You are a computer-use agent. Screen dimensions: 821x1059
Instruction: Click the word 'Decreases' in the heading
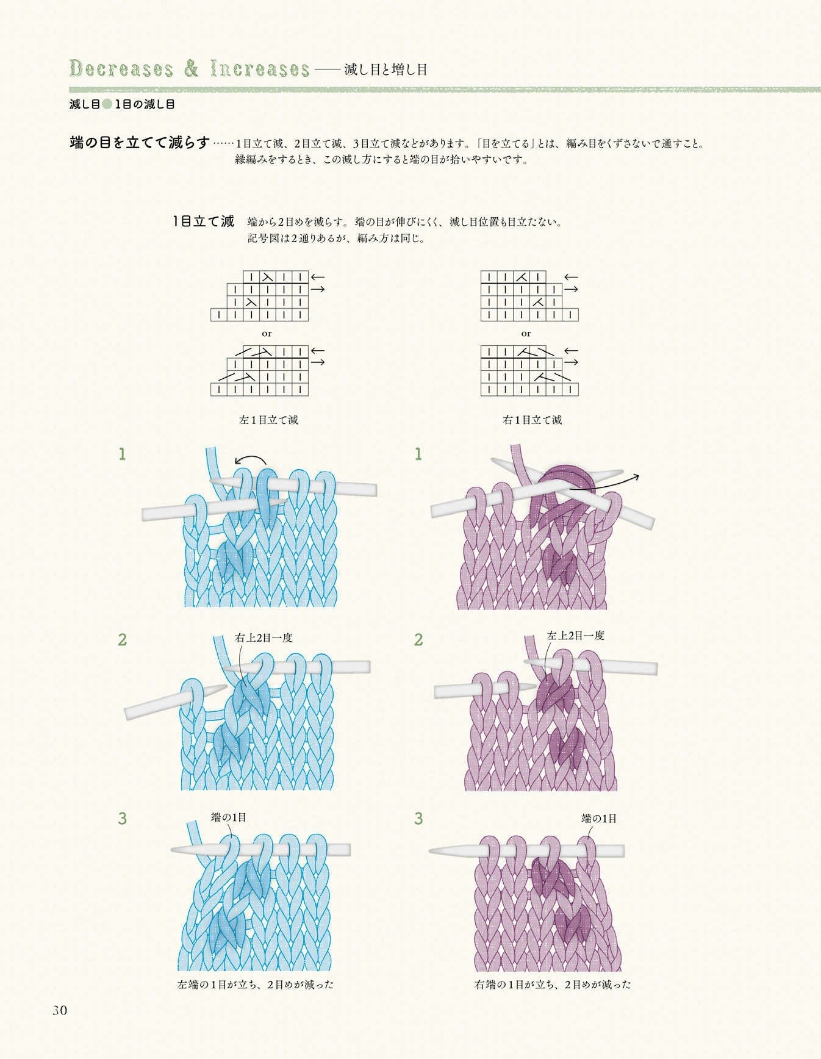click(x=121, y=68)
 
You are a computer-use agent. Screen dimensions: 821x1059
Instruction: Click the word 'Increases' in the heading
click(x=260, y=68)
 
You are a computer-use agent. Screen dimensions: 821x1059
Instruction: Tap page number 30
click(x=59, y=1010)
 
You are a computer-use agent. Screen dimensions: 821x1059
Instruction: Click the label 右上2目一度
click(x=264, y=637)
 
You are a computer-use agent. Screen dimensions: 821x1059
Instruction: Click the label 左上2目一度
click(x=575, y=636)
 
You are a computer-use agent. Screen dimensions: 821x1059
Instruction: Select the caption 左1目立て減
click(x=268, y=420)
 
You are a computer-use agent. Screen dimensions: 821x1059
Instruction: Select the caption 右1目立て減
click(x=532, y=420)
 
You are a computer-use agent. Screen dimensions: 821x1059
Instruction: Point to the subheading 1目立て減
click(x=204, y=221)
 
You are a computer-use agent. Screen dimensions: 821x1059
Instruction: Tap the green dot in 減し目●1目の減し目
click(x=107, y=104)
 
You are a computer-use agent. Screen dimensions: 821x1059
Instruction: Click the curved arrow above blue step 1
click(x=250, y=461)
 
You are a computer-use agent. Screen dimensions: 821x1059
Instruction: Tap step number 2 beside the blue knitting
click(x=123, y=639)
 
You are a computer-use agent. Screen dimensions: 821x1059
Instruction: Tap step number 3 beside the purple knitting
click(x=418, y=818)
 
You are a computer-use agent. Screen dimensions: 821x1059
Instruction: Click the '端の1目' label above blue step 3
click(x=229, y=817)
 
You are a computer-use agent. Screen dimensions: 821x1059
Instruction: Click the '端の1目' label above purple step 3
click(x=599, y=819)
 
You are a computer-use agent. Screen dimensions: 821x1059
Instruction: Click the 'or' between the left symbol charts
click(x=267, y=334)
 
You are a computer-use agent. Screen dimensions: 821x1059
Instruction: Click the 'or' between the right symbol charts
click(x=526, y=334)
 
